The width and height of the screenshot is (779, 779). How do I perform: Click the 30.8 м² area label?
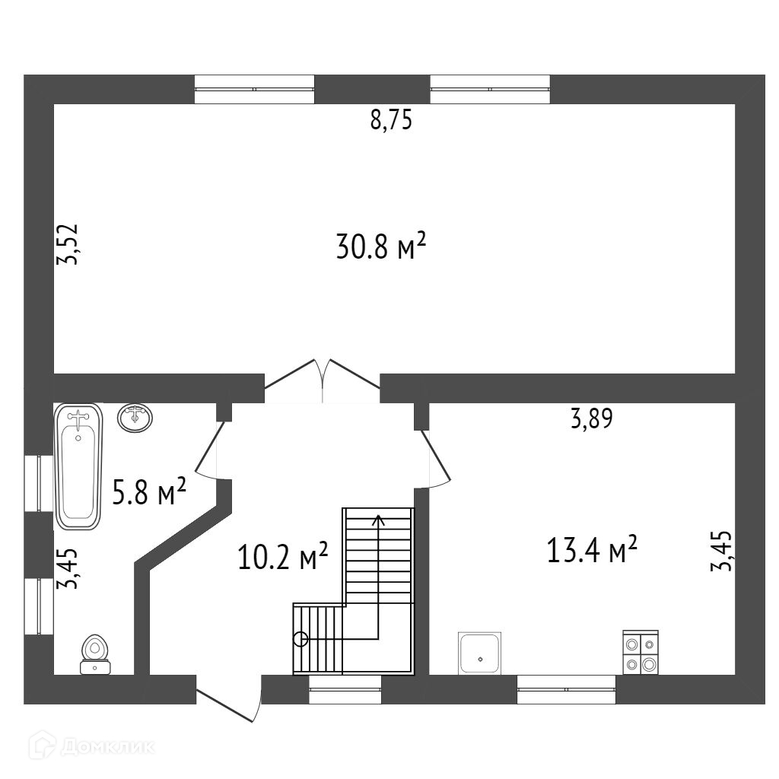point(381,246)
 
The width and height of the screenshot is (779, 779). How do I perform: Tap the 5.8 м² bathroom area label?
point(149,491)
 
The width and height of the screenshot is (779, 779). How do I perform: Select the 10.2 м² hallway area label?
point(283,556)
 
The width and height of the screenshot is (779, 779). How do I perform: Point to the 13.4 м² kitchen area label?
point(592,549)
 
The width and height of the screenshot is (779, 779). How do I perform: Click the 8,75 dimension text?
point(392,120)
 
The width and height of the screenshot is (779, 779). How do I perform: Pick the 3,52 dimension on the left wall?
point(68,244)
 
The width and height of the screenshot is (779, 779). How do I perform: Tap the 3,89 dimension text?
point(592,418)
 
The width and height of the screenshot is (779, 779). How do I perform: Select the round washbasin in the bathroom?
point(135,418)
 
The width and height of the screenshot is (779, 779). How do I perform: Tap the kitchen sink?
point(480,653)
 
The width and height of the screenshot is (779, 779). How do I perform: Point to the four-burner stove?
point(641,652)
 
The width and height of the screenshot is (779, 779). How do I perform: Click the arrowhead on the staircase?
point(379,520)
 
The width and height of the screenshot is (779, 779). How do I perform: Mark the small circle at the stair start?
point(300,639)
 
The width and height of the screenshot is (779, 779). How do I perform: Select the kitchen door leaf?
point(435,458)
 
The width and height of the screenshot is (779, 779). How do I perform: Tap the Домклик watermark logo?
point(92,746)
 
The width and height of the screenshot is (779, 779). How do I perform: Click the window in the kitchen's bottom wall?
point(566,689)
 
